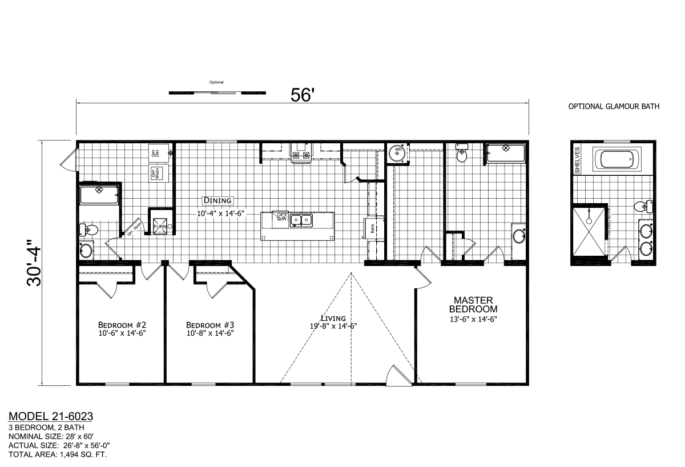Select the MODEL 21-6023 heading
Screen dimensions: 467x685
[x=51, y=417]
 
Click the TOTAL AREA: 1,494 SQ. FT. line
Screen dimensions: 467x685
[x=58, y=455]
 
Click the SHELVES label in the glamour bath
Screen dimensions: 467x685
[x=578, y=156]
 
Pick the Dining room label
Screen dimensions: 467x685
[x=217, y=200]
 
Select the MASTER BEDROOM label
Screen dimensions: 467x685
[x=473, y=304]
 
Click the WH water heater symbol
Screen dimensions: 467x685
[x=397, y=152]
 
